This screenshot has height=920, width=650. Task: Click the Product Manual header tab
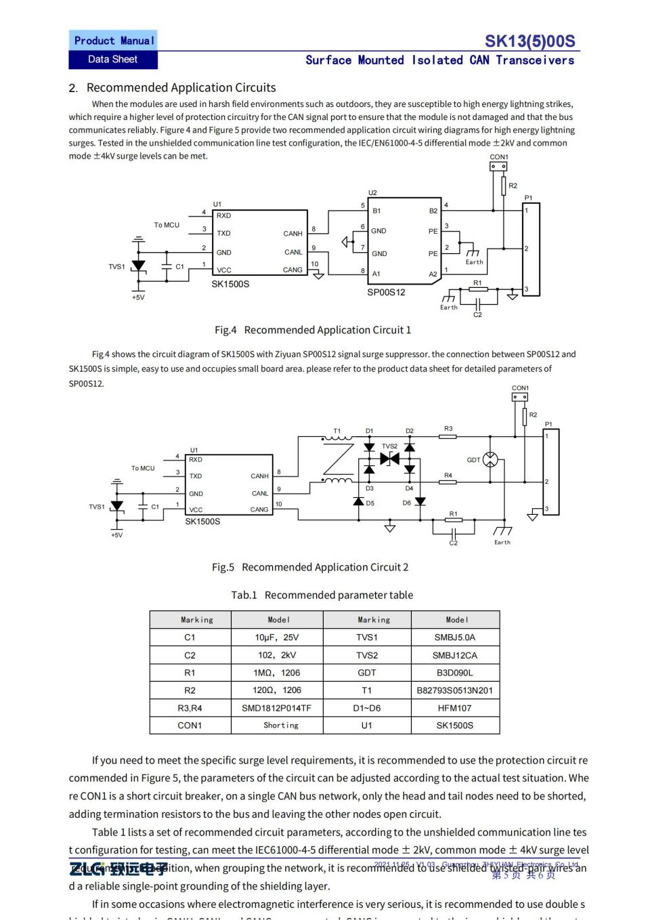click(113, 41)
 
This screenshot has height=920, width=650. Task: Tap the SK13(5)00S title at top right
click(529, 41)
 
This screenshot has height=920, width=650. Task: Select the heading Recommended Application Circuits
click(181, 87)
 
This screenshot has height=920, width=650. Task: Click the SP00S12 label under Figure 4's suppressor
click(386, 293)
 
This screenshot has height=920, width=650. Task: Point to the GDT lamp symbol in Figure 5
click(490, 459)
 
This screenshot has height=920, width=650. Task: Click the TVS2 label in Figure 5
click(389, 446)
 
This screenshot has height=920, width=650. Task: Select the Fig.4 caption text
click(313, 330)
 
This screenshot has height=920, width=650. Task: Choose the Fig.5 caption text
click(310, 567)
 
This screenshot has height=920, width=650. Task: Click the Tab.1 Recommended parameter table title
click(322, 595)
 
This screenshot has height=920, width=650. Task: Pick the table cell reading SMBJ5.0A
click(454, 637)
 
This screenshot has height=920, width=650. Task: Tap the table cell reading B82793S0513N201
click(454, 690)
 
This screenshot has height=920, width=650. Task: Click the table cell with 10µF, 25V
click(276, 637)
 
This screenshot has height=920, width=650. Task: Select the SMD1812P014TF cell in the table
click(276, 708)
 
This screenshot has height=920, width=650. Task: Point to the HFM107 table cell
click(454, 708)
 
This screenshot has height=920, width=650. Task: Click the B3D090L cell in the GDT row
click(454, 673)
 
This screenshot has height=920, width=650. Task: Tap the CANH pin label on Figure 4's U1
click(292, 234)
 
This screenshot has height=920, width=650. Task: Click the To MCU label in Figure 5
click(143, 468)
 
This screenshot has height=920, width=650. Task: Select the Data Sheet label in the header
click(112, 60)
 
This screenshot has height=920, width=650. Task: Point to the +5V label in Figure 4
click(138, 297)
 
